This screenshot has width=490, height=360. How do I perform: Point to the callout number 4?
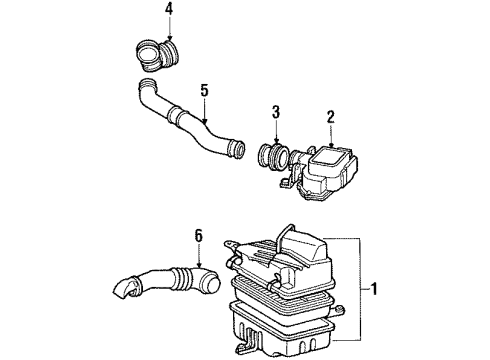pos(168,11)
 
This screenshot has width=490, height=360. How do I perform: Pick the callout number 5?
pos(204,91)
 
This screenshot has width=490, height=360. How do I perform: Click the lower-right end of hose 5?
pos(236,150)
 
